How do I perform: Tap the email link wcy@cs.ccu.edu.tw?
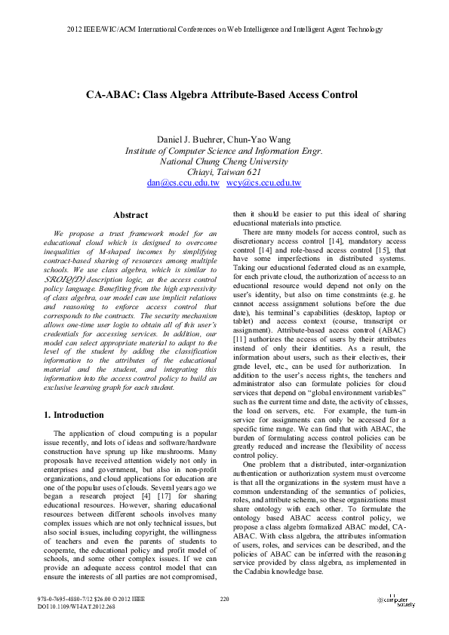269,183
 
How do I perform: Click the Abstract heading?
129,215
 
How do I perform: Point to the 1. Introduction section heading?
72,415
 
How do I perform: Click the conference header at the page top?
224,29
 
